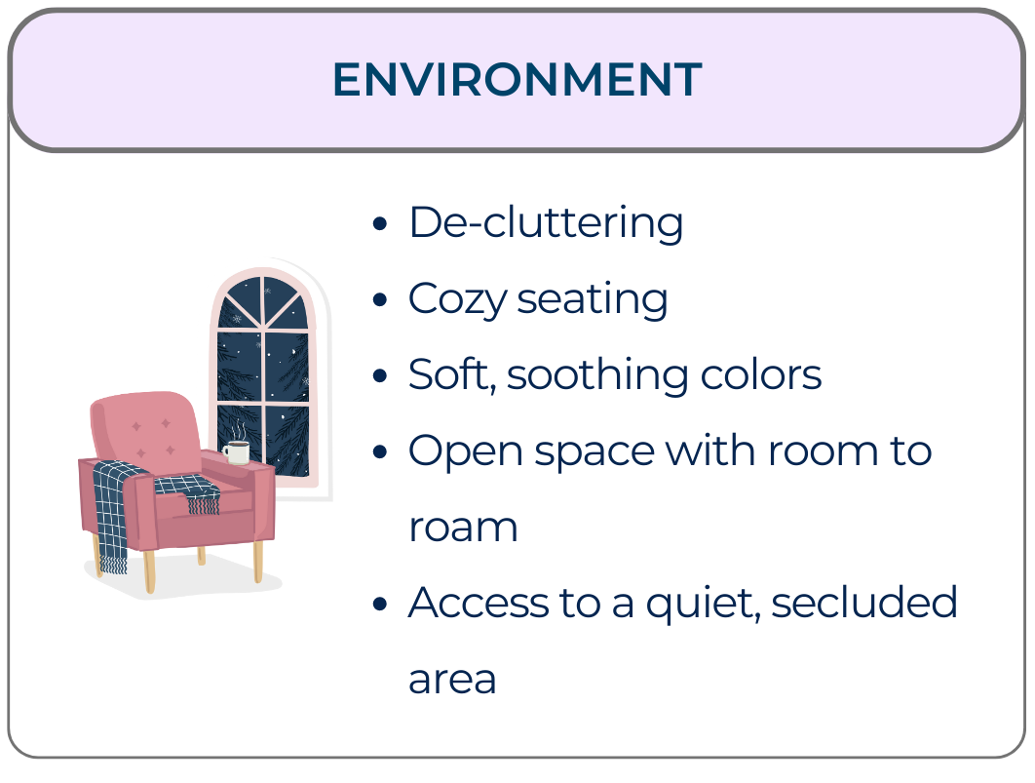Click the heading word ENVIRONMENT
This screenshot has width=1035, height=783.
[517, 80]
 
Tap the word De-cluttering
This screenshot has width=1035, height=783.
[546, 223]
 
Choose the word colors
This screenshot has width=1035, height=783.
[765, 375]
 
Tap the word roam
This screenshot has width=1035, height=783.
[463, 528]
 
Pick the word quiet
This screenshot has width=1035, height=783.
[702, 604]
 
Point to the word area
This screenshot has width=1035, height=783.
[452, 680]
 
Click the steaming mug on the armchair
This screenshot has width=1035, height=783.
[236, 452]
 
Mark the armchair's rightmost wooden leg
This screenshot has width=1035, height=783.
[258, 561]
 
